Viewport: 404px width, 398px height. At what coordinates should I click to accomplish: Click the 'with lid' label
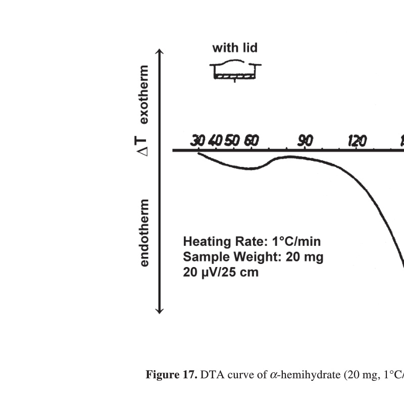tap(235, 48)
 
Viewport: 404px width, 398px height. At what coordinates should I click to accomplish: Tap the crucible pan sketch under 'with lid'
tap(235, 72)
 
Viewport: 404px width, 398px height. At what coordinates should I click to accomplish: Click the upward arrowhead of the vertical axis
tap(160, 52)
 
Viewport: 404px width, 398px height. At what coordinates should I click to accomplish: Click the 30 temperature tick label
tap(197, 141)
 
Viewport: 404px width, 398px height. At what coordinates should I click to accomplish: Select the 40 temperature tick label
tap(215, 141)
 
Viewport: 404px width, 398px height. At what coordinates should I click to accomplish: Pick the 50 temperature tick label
tap(232, 141)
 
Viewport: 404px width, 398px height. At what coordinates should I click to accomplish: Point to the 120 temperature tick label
tap(357, 141)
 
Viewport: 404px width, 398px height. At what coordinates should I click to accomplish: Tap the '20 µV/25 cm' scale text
tap(221, 272)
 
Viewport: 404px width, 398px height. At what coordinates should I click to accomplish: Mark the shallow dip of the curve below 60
tap(247, 168)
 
